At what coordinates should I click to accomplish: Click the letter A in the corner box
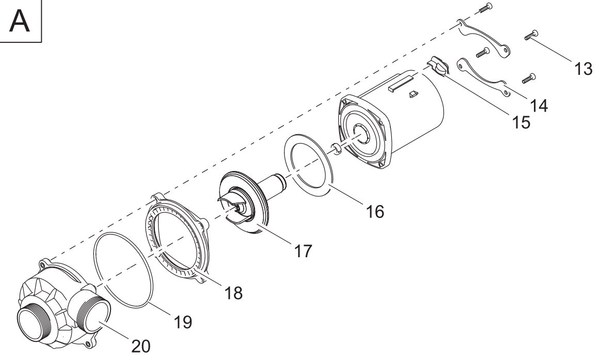[19, 22]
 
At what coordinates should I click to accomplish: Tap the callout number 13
[583, 69]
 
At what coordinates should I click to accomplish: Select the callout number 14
[539, 105]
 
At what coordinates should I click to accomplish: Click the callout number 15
[521, 123]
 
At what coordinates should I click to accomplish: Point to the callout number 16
[375, 212]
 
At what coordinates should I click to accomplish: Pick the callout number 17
[303, 252]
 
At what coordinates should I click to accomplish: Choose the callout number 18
[233, 293]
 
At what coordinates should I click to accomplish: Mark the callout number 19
[183, 322]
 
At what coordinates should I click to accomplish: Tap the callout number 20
[140, 347]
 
